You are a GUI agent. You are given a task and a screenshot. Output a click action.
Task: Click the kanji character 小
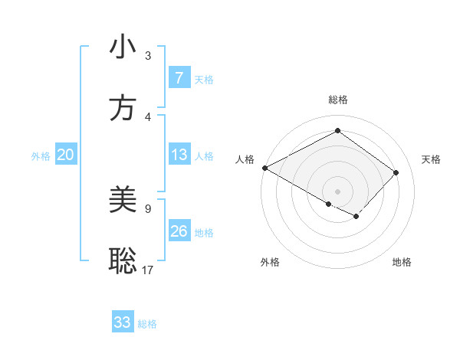(123, 48)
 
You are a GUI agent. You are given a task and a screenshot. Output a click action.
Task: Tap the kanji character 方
(123, 108)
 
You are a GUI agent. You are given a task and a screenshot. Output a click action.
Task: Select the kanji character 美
(123, 201)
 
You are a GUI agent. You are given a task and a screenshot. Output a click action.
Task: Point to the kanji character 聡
(123, 261)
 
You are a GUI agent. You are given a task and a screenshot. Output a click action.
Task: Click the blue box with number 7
(179, 78)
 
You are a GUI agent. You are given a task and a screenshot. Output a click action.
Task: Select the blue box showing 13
(179, 155)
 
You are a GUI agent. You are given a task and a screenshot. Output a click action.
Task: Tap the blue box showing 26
(179, 232)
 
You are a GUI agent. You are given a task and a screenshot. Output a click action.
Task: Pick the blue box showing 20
(65, 155)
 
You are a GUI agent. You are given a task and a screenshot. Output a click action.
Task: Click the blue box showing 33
(123, 322)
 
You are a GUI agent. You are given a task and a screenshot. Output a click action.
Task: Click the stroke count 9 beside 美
(148, 208)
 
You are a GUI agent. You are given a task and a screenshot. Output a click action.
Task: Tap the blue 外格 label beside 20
(41, 156)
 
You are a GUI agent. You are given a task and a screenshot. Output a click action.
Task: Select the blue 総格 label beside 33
(147, 323)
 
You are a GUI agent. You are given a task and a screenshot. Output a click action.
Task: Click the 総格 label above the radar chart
(337, 100)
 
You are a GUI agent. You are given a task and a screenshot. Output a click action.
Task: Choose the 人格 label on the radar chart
(245, 159)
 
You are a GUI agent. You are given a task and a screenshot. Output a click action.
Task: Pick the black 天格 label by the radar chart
(431, 159)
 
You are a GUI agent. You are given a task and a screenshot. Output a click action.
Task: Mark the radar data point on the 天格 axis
(396, 172)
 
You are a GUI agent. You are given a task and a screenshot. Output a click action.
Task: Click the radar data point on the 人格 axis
(264, 168)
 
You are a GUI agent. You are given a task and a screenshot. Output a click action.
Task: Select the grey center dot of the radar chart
(337, 191)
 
